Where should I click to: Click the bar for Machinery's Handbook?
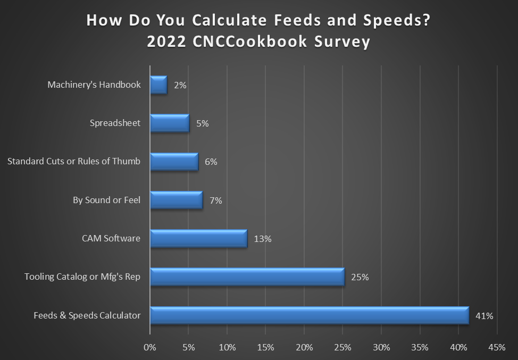pyautogui.click(x=158, y=85)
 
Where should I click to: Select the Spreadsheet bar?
pyautogui.click(x=170, y=123)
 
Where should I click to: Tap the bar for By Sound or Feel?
pyautogui.click(x=176, y=200)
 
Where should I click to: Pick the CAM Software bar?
pyautogui.click(x=198, y=239)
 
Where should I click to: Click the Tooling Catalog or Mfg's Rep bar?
pyautogui.click(x=247, y=277)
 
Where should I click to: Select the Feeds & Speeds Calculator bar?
pyautogui.click(x=309, y=315)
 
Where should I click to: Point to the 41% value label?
pyautogui.click(x=484, y=315)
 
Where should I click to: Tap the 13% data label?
pyautogui.click(x=263, y=239)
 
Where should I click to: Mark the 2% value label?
pyautogui.click(x=180, y=85)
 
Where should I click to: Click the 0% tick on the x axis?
pyautogui.click(x=151, y=348)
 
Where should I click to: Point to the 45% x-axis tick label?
pyautogui.click(x=497, y=348)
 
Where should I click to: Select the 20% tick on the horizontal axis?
pyautogui.click(x=304, y=348)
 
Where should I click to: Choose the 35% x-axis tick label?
pyautogui.click(x=420, y=348)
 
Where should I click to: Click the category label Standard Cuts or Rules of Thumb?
pyautogui.click(x=74, y=162)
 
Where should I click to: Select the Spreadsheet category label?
pyautogui.click(x=115, y=123)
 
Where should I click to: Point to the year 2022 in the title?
pyautogui.click(x=165, y=42)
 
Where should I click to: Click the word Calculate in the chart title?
pyautogui.click(x=232, y=21)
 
